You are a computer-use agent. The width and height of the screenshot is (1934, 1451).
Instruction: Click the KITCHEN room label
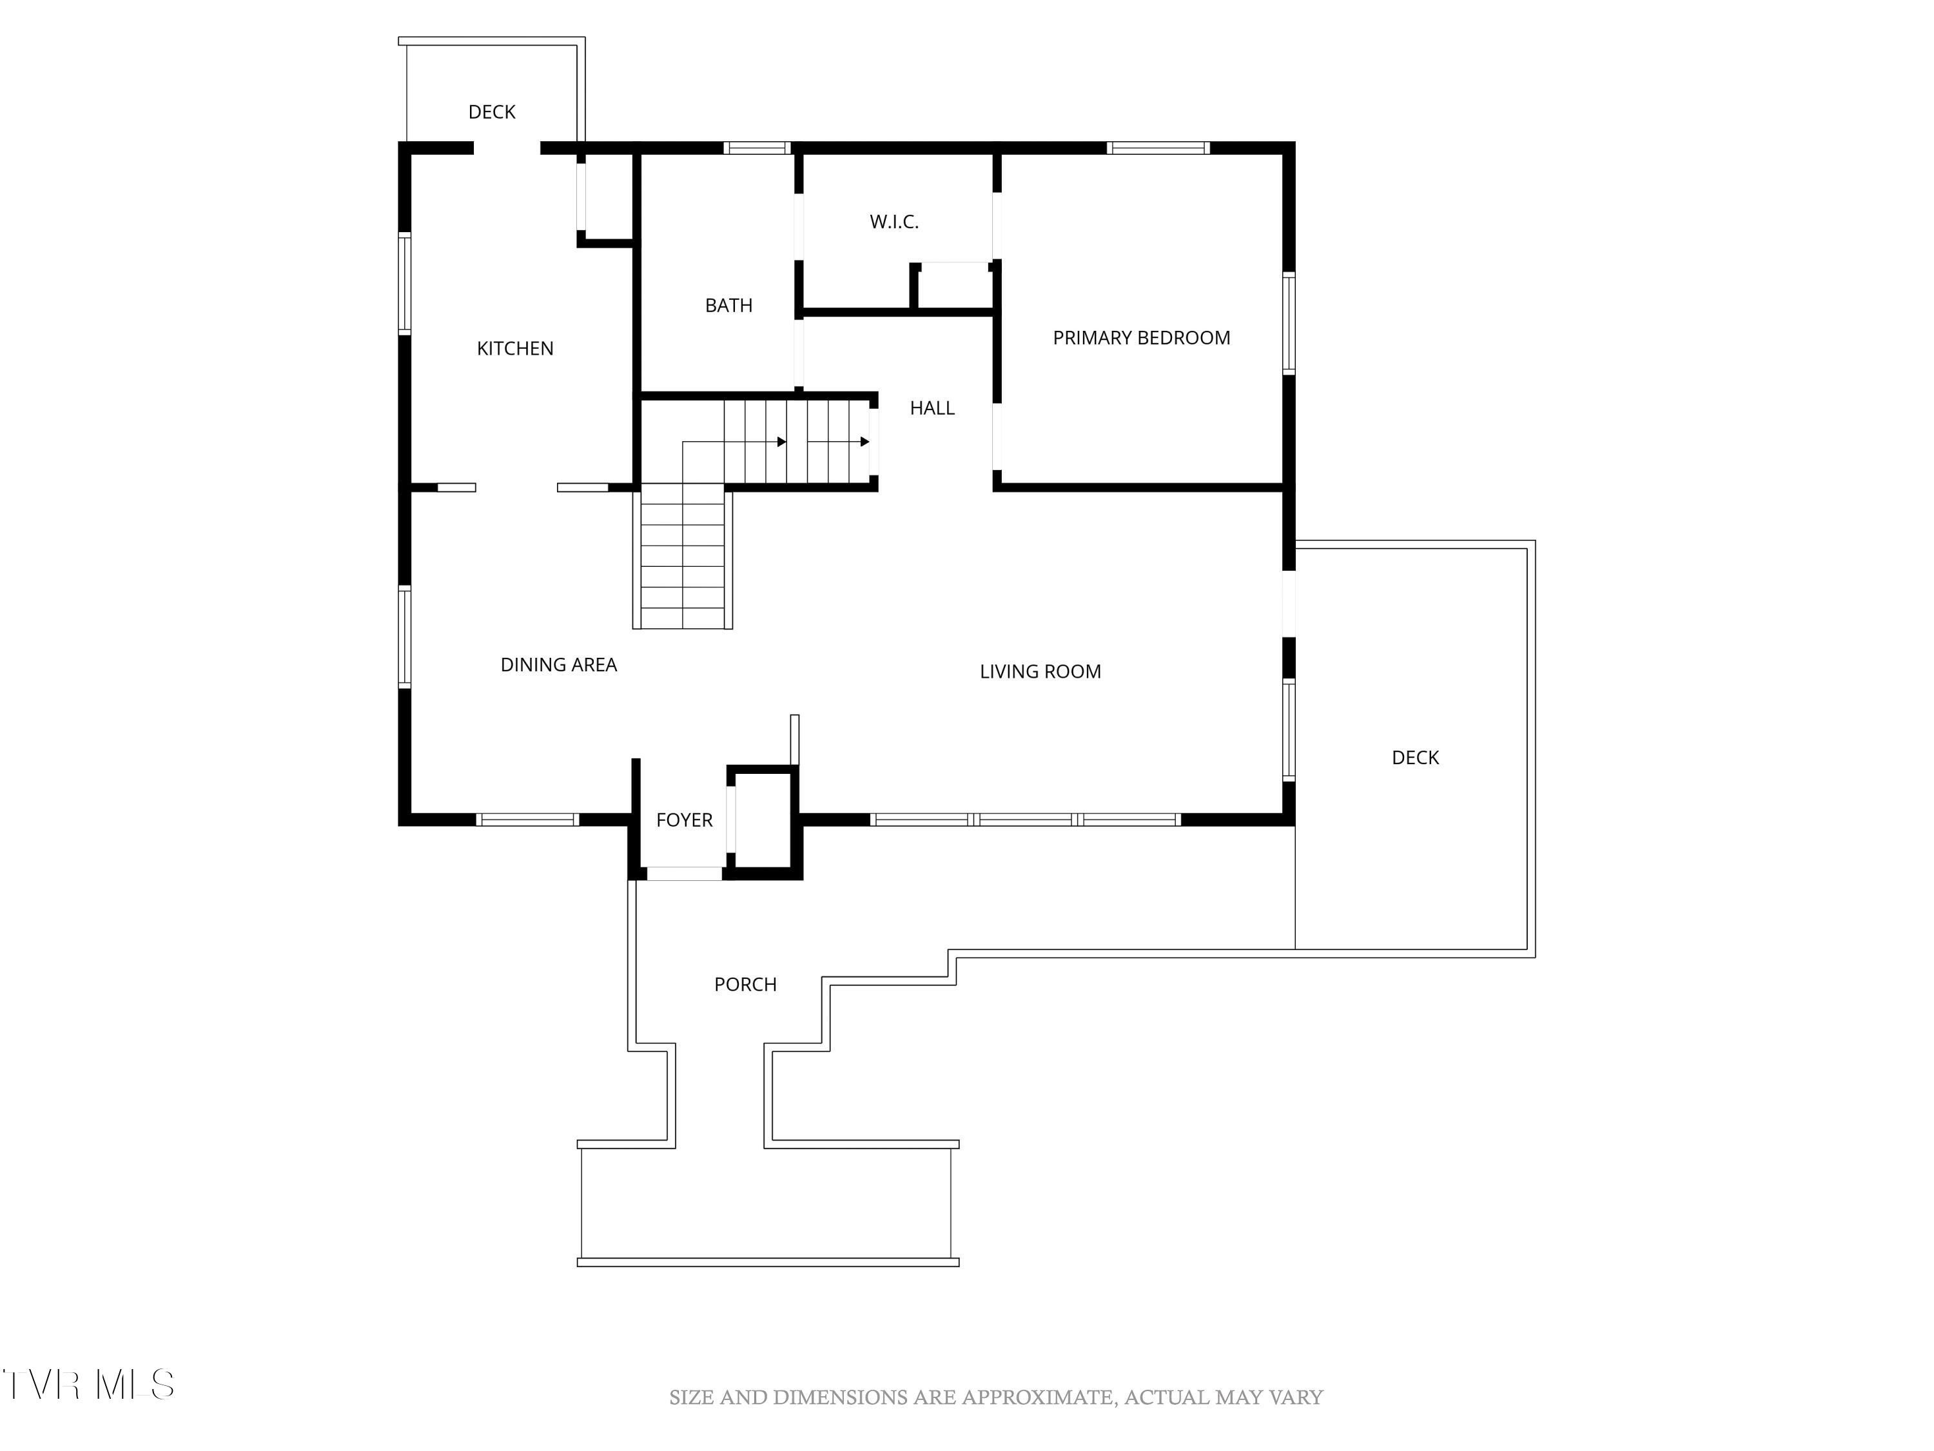click(515, 348)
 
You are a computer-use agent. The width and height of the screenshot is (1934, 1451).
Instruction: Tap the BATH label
click(728, 305)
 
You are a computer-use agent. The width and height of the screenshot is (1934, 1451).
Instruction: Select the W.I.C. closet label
click(894, 222)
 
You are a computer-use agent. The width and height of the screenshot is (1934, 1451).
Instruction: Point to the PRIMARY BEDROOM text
click(1141, 338)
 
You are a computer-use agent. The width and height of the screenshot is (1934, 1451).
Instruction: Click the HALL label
click(932, 408)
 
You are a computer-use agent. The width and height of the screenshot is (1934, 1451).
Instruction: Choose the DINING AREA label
click(558, 665)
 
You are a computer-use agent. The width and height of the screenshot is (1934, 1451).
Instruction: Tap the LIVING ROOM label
click(1040, 672)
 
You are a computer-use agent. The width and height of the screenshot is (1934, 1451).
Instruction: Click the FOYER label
click(684, 820)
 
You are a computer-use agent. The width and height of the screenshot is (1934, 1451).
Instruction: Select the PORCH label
click(745, 984)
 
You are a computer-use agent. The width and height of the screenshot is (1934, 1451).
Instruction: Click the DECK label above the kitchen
click(491, 112)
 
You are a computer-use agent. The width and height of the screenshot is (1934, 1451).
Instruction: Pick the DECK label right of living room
click(1414, 758)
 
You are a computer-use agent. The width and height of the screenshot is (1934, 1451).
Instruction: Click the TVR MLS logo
click(88, 1385)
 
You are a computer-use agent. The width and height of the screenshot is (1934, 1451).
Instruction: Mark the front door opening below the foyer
click(684, 873)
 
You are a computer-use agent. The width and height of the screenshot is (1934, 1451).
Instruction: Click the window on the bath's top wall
click(757, 148)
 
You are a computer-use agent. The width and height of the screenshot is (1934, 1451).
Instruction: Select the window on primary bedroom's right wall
click(1289, 324)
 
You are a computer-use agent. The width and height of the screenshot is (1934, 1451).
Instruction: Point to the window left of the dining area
click(405, 637)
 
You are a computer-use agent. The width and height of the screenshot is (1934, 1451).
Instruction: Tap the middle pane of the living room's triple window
click(1025, 820)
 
